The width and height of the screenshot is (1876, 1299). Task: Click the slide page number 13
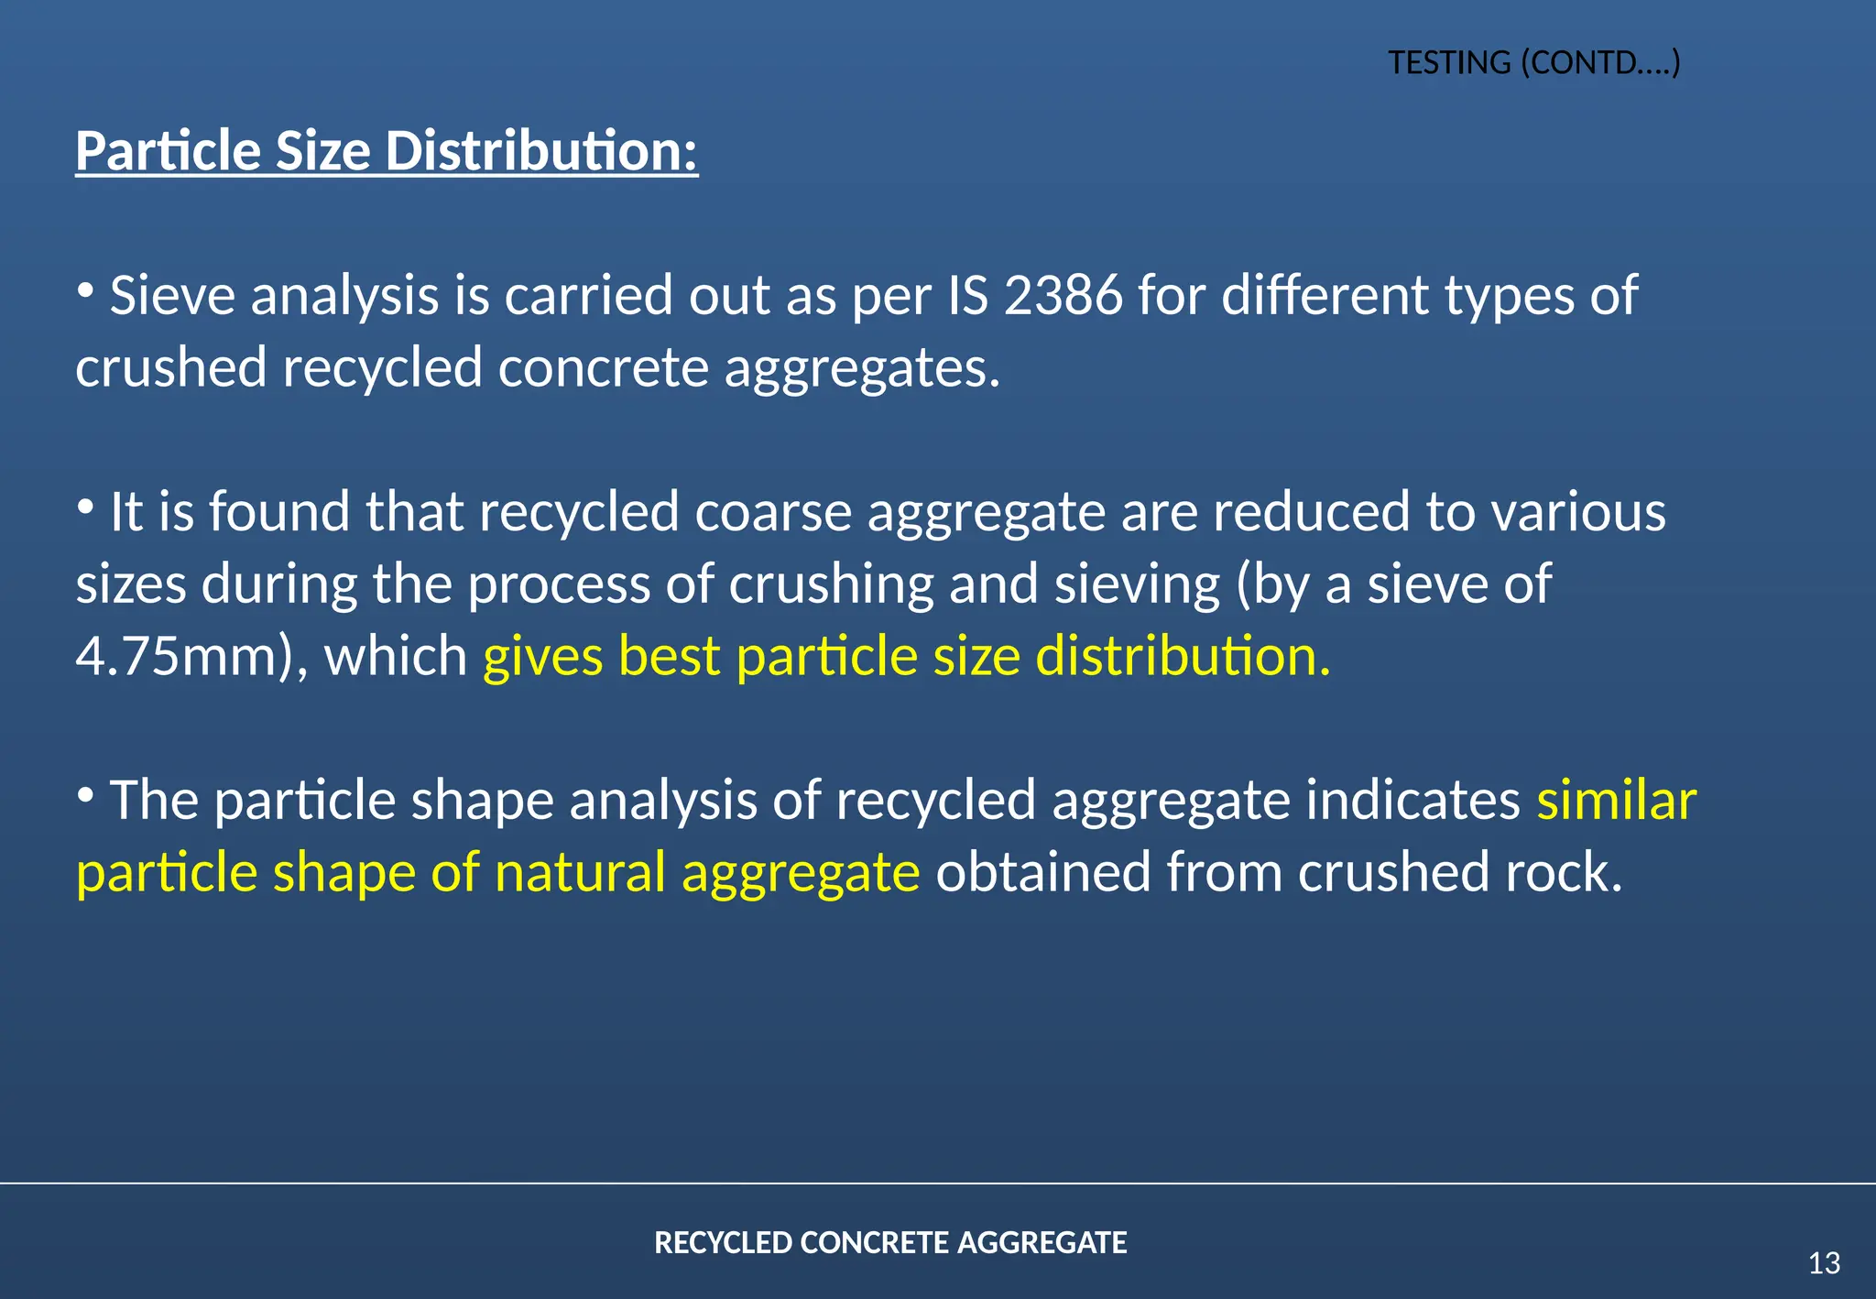pos(1824,1263)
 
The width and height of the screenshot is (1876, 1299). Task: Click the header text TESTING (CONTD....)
pos(1533,63)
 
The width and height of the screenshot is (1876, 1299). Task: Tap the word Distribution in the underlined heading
pos(540,151)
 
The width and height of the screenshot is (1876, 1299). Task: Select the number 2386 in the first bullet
pos(1063,296)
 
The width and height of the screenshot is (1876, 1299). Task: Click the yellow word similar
pos(1616,800)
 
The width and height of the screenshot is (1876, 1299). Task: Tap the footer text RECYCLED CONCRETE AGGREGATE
pos(890,1242)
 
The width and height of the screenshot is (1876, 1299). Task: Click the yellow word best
pos(669,656)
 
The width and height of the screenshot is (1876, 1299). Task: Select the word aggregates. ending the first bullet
pos(862,368)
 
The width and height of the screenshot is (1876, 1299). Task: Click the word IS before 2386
pos(967,296)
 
